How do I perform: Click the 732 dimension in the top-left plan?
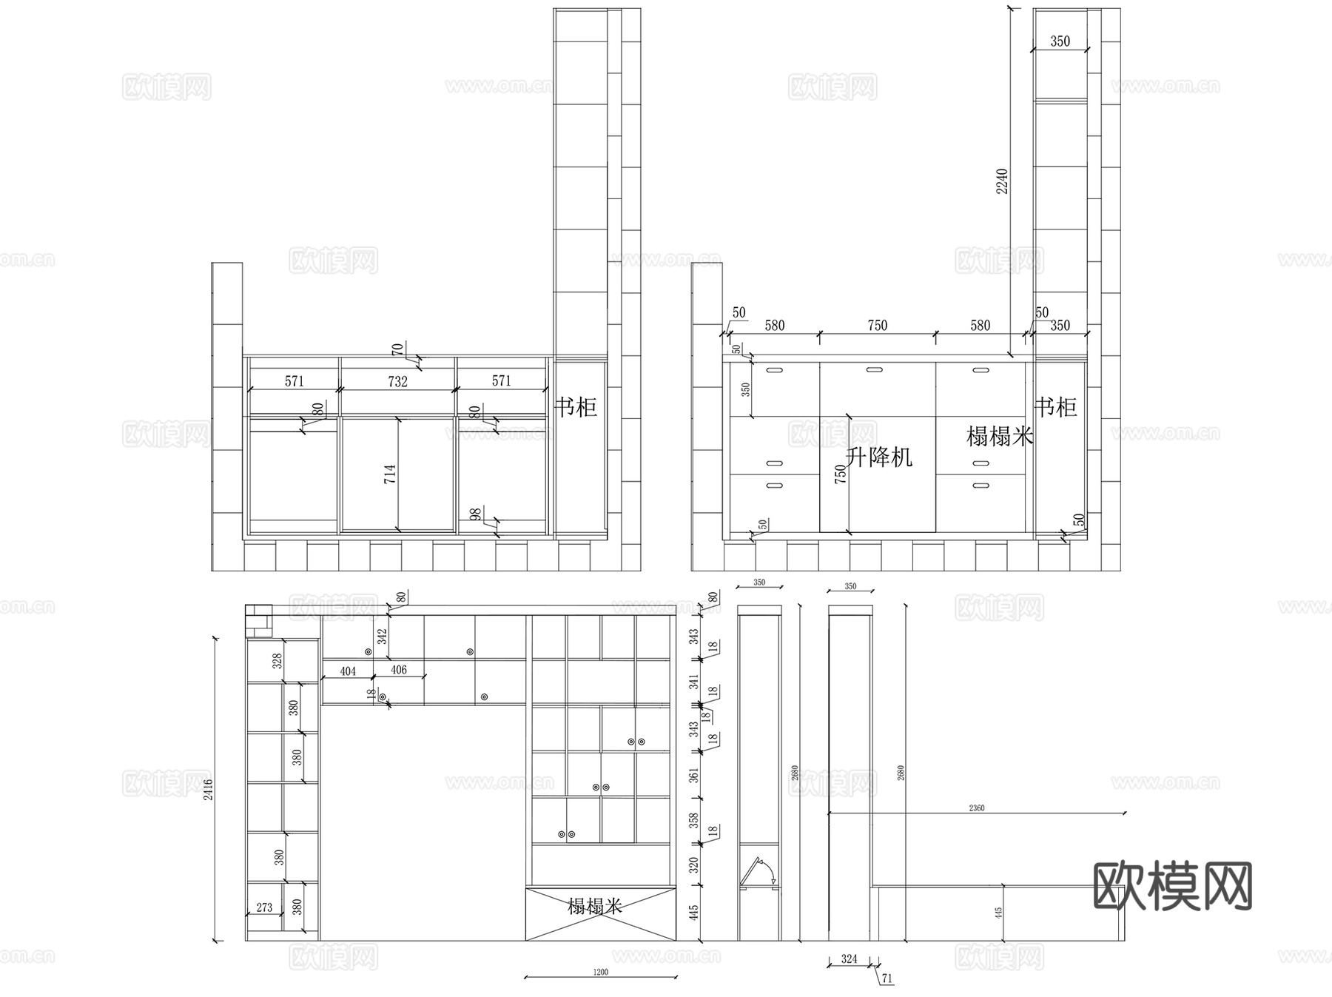click(397, 382)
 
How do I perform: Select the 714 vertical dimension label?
click(390, 474)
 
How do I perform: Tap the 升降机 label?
click(879, 457)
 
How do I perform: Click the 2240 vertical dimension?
click(1002, 181)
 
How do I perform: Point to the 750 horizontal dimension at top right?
click(877, 326)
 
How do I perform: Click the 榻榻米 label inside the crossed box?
click(595, 906)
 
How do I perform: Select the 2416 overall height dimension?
click(209, 789)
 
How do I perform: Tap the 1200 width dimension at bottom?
click(600, 972)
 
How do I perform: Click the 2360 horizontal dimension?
click(976, 808)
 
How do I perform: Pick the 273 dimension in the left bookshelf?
click(264, 907)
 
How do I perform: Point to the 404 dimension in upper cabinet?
click(348, 671)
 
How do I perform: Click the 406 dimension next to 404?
click(398, 670)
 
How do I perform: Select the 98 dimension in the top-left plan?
click(476, 514)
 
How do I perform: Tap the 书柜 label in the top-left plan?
click(576, 406)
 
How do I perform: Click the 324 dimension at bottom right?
click(849, 959)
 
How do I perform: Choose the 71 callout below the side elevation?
click(887, 978)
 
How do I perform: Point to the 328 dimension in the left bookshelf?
click(277, 660)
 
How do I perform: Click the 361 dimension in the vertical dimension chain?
click(693, 775)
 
